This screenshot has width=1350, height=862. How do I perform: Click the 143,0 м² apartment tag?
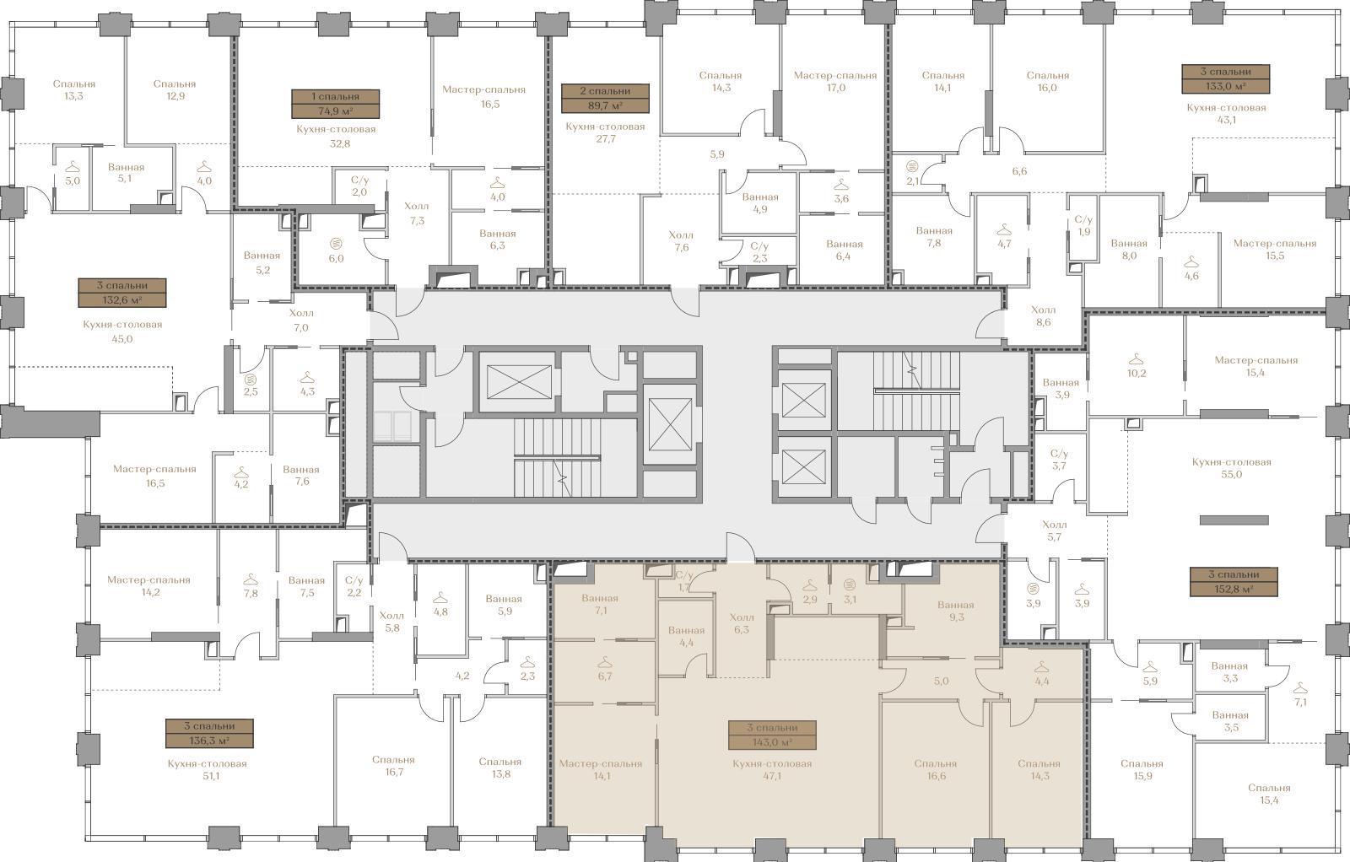click(x=772, y=735)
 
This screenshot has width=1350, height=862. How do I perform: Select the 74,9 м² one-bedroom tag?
click(x=336, y=104)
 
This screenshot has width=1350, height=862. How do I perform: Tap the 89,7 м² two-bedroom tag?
click(x=605, y=98)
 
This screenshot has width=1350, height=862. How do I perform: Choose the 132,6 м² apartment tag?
click(x=122, y=293)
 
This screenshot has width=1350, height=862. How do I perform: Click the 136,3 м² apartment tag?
click(x=209, y=733)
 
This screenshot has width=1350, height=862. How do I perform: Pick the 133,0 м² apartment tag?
click(x=1226, y=79)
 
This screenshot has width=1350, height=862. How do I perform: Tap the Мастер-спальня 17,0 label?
click(x=834, y=81)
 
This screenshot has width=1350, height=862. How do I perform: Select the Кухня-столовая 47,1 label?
click(x=772, y=770)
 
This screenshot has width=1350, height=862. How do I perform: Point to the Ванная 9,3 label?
click(x=955, y=611)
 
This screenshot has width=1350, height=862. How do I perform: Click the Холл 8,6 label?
click(x=1043, y=315)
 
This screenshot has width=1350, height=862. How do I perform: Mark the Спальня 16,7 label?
click(x=393, y=766)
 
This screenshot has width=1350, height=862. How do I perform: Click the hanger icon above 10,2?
click(x=1136, y=359)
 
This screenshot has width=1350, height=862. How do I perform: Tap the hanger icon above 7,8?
click(x=250, y=579)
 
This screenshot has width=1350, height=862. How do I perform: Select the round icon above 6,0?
click(x=336, y=244)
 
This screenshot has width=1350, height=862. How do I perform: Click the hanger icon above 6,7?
click(x=604, y=663)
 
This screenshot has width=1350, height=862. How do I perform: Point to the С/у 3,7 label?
click(x=1059, y=460)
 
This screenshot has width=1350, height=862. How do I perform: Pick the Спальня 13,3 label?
click(x=73, y=89)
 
